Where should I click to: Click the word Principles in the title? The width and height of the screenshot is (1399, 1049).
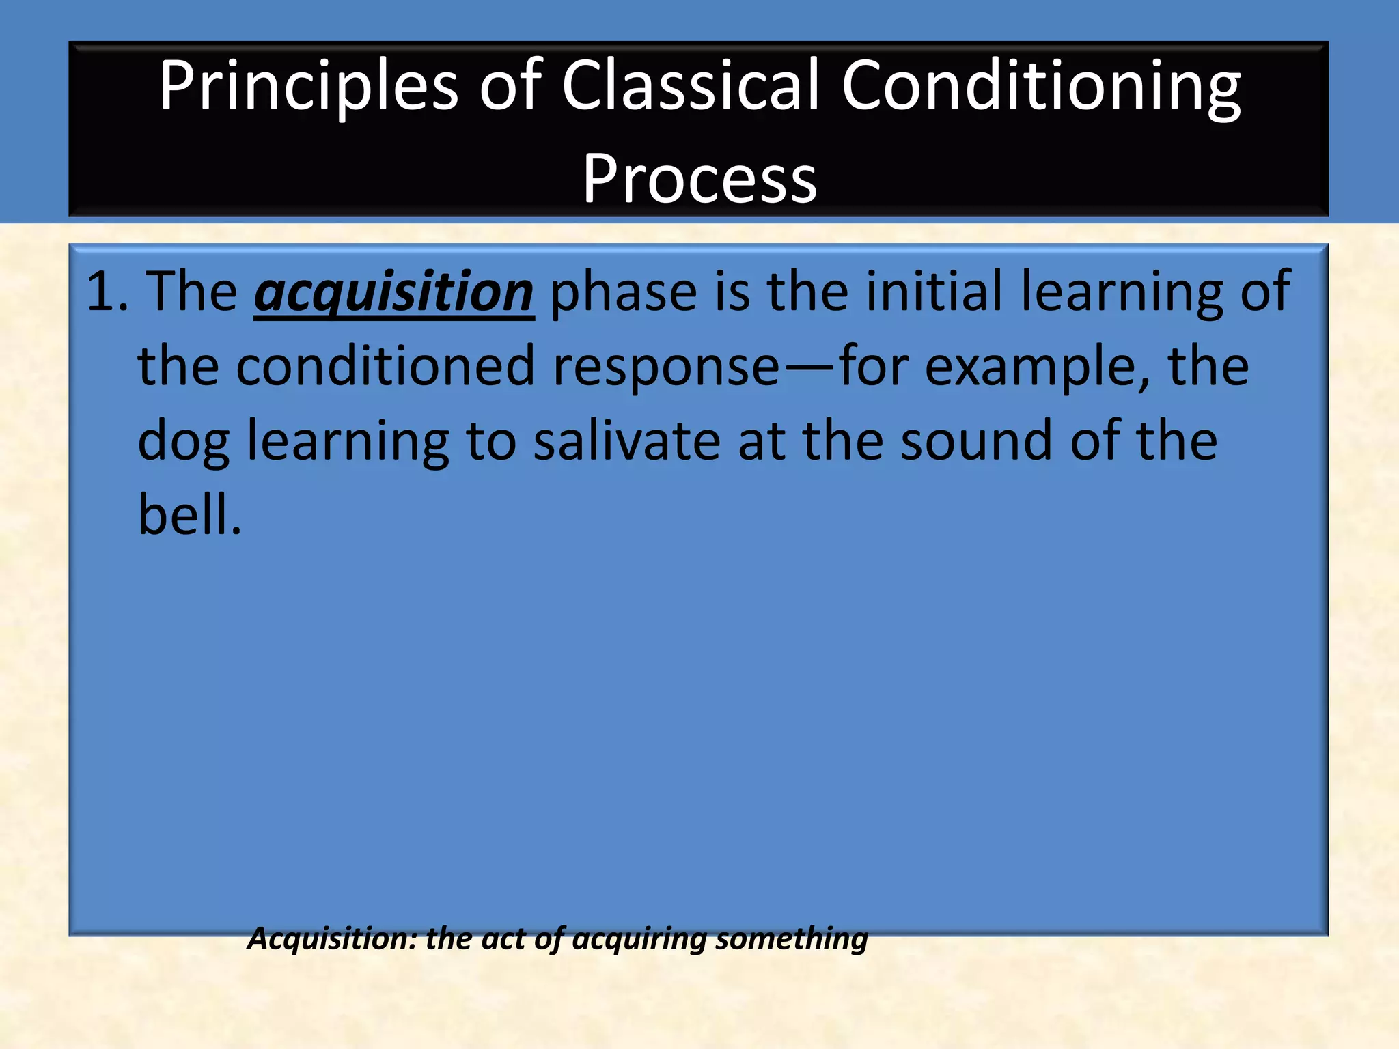click(308, 87)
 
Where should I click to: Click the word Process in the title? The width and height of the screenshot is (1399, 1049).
click(699, 179)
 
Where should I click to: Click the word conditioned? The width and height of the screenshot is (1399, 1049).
click(385, 366)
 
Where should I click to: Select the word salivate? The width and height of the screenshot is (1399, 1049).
click(626, 440)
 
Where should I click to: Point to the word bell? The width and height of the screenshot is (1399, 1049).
click(189, 514)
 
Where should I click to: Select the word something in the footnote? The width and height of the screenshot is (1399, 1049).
click(790, 939)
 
